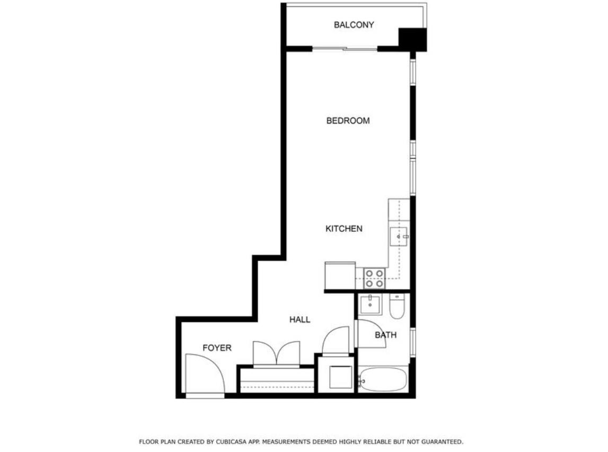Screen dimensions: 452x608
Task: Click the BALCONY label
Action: click(x=354, y=25)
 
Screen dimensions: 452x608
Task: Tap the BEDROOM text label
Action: click(x=348, y=121)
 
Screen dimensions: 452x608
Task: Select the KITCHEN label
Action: click(x=343, y=229)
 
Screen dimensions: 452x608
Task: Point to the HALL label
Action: click(x=299, y=319)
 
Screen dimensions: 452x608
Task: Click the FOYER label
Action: click(x=217, y=348)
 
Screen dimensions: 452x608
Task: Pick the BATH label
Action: click(x=385, y=335)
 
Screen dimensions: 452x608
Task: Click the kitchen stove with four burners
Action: click(x=374, y=278)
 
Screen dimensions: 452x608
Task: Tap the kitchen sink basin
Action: click(x=398, y=236)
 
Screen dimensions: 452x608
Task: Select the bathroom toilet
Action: click(x=396, y=307)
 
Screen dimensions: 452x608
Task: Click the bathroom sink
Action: click(x=369, y=305)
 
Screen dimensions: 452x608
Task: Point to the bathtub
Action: click(x=383, y=380)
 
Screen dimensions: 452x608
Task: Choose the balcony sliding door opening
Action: click(x=345, y=49)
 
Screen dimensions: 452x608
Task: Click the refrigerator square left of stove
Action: click(x=340, y=276)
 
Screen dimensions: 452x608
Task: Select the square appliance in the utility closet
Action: click(x=340, y=377)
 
